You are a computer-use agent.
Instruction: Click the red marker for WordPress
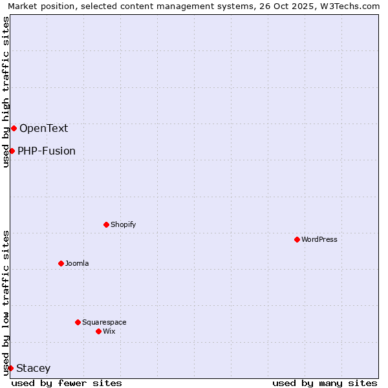click(x=297, y=239)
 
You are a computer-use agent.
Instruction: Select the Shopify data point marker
click(x=106, y=224)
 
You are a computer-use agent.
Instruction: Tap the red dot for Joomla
click(x=61, y=263)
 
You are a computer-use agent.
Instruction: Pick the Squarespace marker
click(x=78, y=322)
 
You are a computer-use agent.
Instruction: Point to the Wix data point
click(x=98, y=331)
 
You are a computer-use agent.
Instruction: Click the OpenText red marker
click(x=14, y=128)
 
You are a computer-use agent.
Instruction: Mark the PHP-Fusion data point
click(x=12, y=151)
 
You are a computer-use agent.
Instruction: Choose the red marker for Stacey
click(x=10, y=368)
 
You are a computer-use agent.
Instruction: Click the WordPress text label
click(x=319, y=239)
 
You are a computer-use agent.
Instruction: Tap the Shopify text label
click(x=124, y=224)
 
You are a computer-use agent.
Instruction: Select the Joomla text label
click(x=77, y=263)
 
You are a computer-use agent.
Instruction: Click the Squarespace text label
click(x=104, y=322)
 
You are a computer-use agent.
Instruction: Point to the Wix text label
click(x=109, y=331)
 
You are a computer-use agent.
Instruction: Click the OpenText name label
click(x=43, y=128)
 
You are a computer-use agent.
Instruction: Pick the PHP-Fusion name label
click(x=47, y=151)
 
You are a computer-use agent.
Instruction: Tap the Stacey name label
click(x=33, y=369)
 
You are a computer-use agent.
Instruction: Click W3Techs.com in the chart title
click(x=350, y=6)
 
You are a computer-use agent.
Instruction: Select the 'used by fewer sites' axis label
click(x=67, y=383)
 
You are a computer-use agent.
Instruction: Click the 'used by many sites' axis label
click(x=325, y=383)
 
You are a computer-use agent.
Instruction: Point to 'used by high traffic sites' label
click(x=6, y=92)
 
